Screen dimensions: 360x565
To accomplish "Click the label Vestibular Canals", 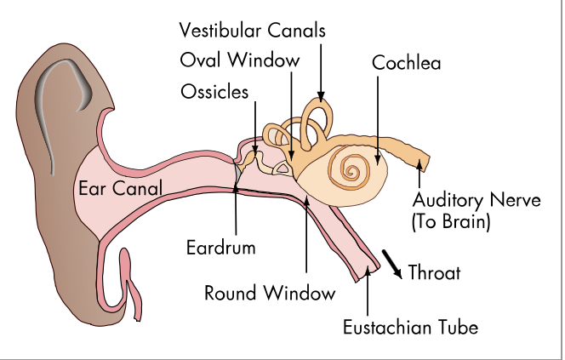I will [253, 31].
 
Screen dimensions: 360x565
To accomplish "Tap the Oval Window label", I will [240, 60].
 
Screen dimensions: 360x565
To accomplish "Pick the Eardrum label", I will [220, 249].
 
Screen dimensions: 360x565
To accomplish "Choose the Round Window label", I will [270, 294].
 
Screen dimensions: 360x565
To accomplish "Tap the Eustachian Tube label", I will [410, 325].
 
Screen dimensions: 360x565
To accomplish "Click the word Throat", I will [434, 273].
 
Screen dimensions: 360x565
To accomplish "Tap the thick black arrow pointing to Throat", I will [392, 263].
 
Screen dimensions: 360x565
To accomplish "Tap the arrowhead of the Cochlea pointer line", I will [376, 158].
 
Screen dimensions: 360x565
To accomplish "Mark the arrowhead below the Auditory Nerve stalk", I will [418, 172].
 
